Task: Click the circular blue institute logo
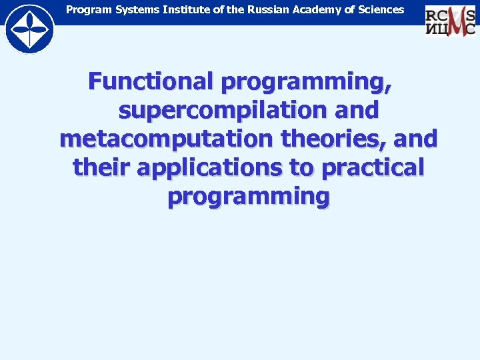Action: coord(29,29)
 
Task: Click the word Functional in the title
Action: coord(151,83)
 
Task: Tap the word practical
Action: coord(373,168)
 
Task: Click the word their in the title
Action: coord(101,168)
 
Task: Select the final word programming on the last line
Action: coord(249,197)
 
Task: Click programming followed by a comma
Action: coord(307,83)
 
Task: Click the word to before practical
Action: coord(301,168)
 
